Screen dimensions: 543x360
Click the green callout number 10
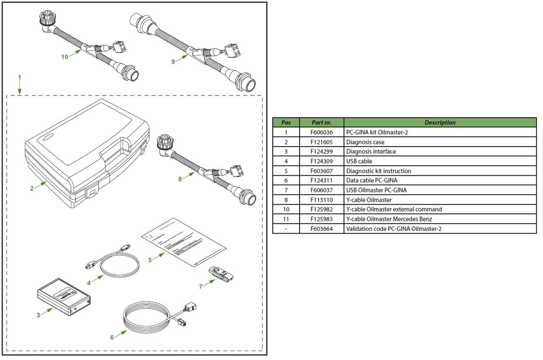point(64,57)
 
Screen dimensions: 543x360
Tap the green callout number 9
point(173,62)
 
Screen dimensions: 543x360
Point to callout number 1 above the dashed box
point(20,77)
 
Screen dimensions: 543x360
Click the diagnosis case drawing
point(87,153)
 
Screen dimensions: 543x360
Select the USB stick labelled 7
point(221,274)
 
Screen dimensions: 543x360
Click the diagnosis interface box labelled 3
point(64,297)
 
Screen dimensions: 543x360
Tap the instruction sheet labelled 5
point(184,242)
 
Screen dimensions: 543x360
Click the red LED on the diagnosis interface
point(89,301)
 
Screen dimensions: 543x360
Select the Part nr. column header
point(322,123)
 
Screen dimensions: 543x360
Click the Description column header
point(440,123)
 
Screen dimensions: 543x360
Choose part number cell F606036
point(322,132)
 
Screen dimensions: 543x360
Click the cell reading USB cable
point(359,161)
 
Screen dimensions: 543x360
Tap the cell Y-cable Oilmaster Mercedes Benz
point(389,219)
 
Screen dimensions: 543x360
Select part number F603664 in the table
point(322,229)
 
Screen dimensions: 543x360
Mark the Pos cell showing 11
point(286,219)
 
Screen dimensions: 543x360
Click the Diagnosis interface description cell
point(371,152)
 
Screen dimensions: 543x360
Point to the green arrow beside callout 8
point(189,176)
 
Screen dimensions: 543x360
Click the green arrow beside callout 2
point(40,185)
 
